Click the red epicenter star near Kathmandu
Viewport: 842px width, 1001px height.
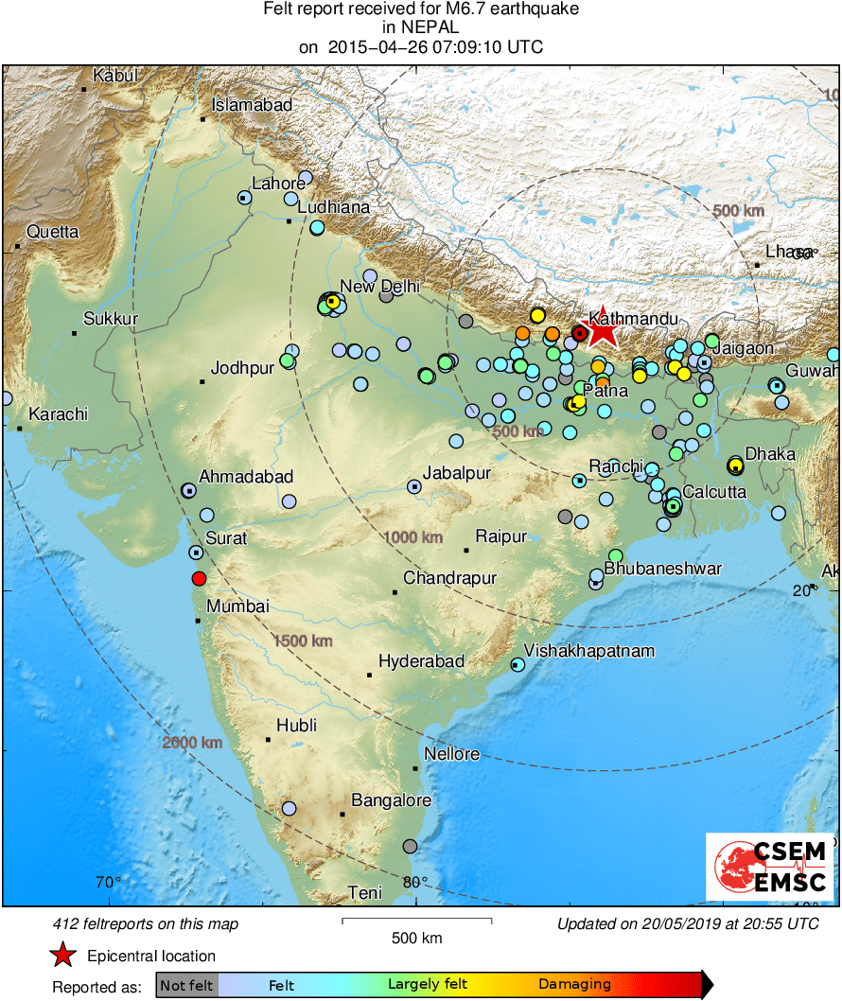pos(603,330)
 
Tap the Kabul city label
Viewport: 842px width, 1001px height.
pos(115,76)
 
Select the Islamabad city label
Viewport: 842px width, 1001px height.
pos(252,106)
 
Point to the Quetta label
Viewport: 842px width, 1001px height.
pos(53,232)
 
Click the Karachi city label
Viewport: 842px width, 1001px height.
pos(58,414)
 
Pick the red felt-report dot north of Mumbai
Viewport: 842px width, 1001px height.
pos(199,578)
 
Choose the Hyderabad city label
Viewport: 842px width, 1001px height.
pos(421,661)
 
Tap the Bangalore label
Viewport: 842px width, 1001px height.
pos(391,800)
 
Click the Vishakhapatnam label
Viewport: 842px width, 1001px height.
pos(589,651)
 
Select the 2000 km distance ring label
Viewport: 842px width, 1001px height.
pos(192,743)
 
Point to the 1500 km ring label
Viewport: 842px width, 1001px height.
pos(303,641)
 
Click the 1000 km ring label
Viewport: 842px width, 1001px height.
pos(413,537)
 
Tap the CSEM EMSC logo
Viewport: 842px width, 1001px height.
pos(770,867)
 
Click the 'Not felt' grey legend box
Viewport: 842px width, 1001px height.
pos(186,985)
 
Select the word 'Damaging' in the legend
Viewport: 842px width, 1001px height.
pos(574,985)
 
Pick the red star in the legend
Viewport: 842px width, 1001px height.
pos(62,956)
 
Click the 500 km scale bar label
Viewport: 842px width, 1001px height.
pos(416,938)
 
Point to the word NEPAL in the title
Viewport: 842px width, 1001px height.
pos(421,27)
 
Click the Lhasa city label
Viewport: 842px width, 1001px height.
pos(789,252)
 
